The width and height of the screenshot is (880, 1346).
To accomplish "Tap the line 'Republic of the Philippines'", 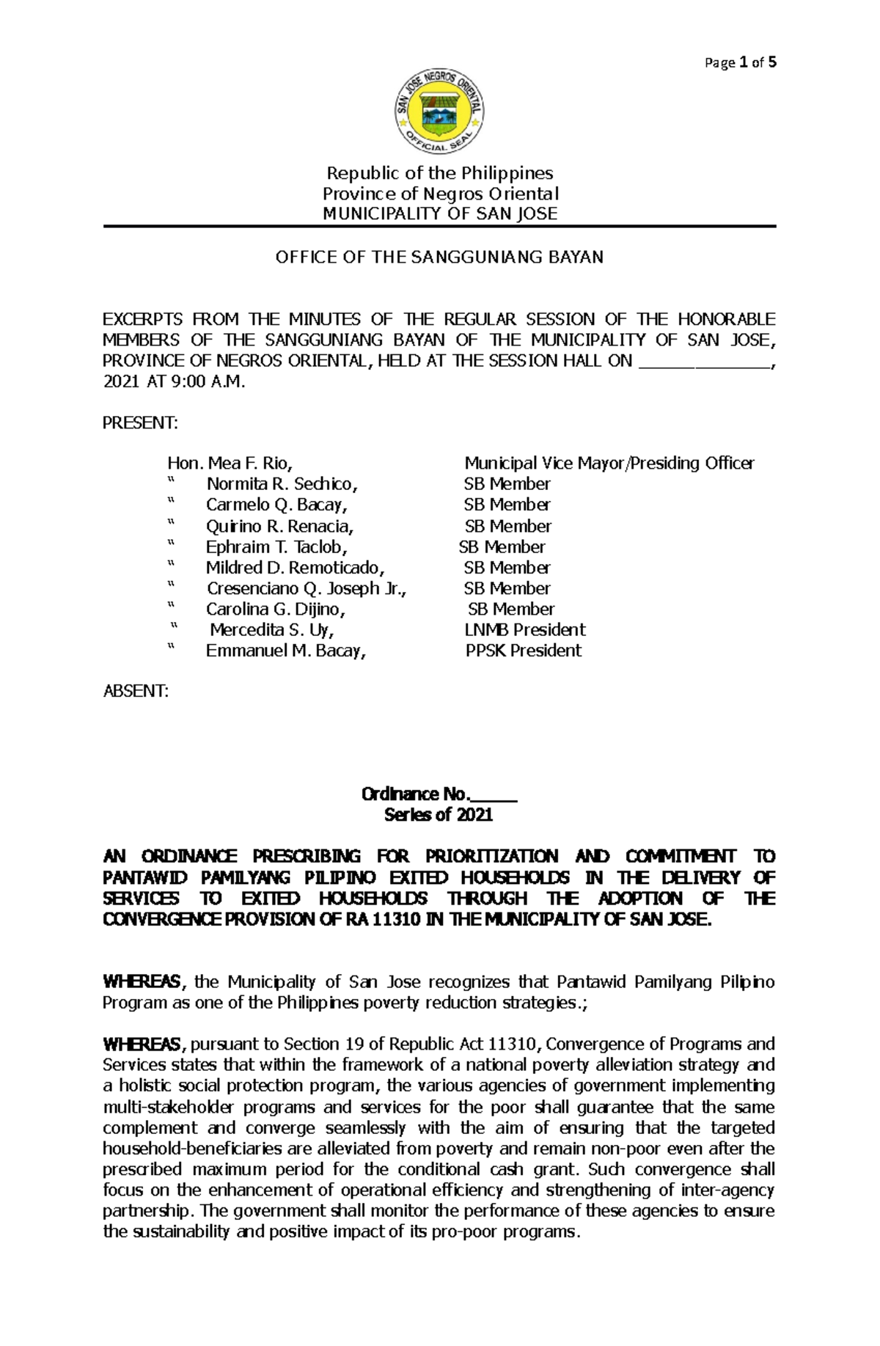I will tap(440, 173).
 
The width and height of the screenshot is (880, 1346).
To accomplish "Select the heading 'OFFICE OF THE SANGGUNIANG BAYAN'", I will tap(439, 257).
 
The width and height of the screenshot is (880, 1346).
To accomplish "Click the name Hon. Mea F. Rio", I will tap(230, 463).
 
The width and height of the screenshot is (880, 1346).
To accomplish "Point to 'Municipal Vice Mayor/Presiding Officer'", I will tap(609, 463).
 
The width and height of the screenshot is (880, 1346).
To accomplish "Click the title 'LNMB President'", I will tap(524, 629).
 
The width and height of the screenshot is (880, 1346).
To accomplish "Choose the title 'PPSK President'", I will tap(524, 651).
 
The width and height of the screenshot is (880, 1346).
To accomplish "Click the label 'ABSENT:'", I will tap(136, 691).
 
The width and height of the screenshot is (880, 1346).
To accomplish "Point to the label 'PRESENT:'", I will tap(139, 423).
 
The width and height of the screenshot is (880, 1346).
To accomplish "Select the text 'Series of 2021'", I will tap(439, 815).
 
